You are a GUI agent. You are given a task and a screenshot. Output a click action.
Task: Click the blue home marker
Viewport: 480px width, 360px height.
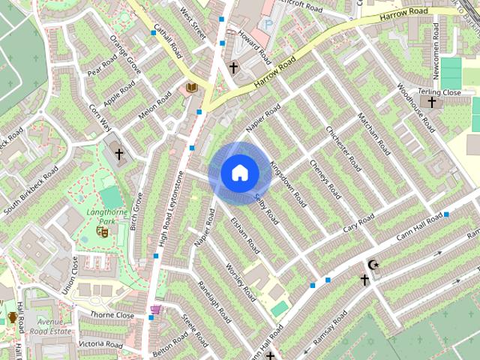[x=239, y=173]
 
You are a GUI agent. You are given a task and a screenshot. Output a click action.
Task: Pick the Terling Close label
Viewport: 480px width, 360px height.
[x=441, y=92]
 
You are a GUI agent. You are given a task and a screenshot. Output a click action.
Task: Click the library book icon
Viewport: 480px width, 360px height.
[x=191, y=89]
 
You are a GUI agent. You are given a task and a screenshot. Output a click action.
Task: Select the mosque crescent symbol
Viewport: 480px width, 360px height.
[x=373, y=265]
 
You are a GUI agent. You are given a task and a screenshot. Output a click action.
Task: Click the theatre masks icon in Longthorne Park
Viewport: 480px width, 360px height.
[x=103, y=232]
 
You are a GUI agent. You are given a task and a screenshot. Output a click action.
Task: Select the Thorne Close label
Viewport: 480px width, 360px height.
[x=112, y=316]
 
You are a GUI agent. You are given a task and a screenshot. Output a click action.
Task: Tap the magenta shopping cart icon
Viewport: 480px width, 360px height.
[x=155, y=309]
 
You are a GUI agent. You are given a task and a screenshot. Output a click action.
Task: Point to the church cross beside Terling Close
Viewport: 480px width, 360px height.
[x=431, y=101]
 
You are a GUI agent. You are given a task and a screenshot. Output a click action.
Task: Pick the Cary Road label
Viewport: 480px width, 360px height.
[x=358, y=223]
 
